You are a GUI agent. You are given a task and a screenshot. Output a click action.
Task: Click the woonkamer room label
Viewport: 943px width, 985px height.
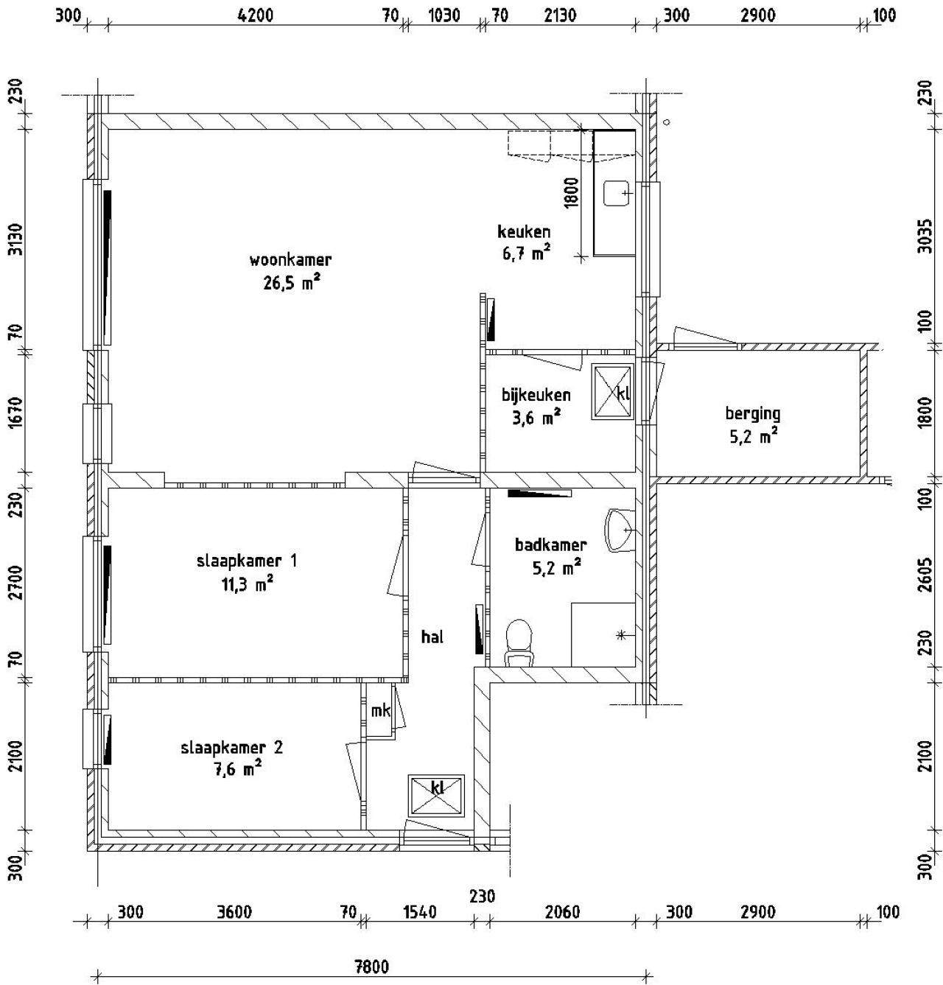pos(290,260)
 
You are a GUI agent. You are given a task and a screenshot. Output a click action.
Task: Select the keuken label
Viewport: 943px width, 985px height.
pos(523,232)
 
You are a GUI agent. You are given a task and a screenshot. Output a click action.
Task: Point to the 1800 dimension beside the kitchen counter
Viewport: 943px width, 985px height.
pos(571,193)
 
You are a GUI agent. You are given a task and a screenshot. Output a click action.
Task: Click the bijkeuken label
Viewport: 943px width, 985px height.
pos(536,396)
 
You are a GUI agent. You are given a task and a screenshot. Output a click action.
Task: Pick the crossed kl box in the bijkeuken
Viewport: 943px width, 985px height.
pos(612,393)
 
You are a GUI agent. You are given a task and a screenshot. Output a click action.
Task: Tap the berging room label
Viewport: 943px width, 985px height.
pos(753,414)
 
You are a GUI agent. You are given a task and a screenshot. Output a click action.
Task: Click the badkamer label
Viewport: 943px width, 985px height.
pos(551,545)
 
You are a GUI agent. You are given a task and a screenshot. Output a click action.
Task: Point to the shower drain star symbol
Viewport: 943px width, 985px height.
pos(620,635)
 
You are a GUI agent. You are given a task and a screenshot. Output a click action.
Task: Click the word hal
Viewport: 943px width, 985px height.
pos(432,637)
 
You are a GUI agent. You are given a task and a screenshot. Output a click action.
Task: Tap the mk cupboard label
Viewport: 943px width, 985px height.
pos(381,711)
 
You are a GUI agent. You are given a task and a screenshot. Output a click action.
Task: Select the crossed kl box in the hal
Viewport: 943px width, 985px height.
pos(437,796)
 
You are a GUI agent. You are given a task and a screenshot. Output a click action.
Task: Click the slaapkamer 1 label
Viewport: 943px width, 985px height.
pos(247,561)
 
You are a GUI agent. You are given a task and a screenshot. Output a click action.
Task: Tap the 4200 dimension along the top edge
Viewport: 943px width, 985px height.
pos(255,15)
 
